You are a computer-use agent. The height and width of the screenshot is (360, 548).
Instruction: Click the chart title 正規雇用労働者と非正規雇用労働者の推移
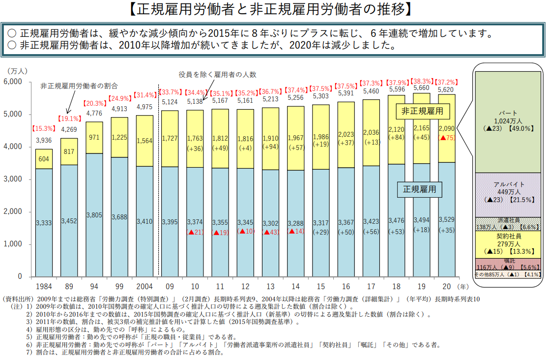pos(273,9)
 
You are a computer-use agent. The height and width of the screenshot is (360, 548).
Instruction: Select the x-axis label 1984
pos(44,286)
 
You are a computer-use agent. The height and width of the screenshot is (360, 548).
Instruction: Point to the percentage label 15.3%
pos(44,129)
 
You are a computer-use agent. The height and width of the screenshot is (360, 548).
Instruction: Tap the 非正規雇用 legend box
pos(422,112)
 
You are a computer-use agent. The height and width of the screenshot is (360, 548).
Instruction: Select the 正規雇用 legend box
pos(419,189)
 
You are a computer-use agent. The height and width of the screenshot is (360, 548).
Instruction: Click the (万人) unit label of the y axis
pos(17,72)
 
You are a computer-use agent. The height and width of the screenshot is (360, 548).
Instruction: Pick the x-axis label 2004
pos(144,286)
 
